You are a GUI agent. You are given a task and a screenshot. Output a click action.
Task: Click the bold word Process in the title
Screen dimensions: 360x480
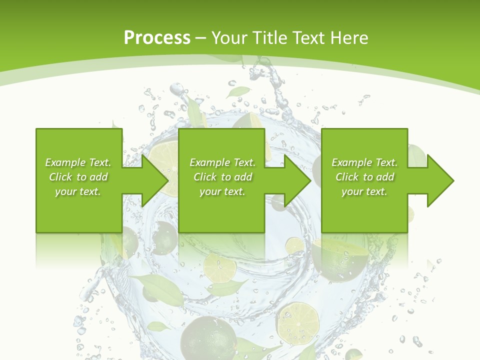click(157, 38)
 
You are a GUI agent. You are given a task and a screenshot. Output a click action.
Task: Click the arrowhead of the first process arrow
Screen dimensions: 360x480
click(155, 180)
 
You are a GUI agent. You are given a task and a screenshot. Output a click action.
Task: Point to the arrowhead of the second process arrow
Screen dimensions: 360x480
click(298, 180)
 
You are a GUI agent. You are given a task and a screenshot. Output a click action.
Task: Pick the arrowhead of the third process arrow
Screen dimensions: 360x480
click(440, 180)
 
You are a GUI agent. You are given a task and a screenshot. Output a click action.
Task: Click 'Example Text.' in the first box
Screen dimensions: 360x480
click(78, 162)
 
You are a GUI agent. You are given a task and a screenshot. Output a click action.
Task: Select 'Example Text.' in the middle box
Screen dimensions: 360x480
click(222, 162)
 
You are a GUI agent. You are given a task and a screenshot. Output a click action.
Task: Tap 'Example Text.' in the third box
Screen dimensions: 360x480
click(364, 162)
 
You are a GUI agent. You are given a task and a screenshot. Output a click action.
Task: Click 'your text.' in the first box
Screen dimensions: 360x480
click(78, 191)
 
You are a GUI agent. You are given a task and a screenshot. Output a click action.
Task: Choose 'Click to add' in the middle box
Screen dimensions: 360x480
click(222, 177)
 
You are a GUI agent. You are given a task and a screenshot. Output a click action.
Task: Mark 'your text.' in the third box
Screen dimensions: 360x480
click(364, 191)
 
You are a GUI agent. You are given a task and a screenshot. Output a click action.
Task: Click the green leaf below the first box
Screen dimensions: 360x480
click(158, 288)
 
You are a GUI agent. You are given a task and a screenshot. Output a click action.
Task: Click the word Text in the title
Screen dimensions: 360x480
click(307, 38)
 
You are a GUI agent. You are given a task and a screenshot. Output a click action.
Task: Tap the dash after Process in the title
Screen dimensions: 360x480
click(201, 38)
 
